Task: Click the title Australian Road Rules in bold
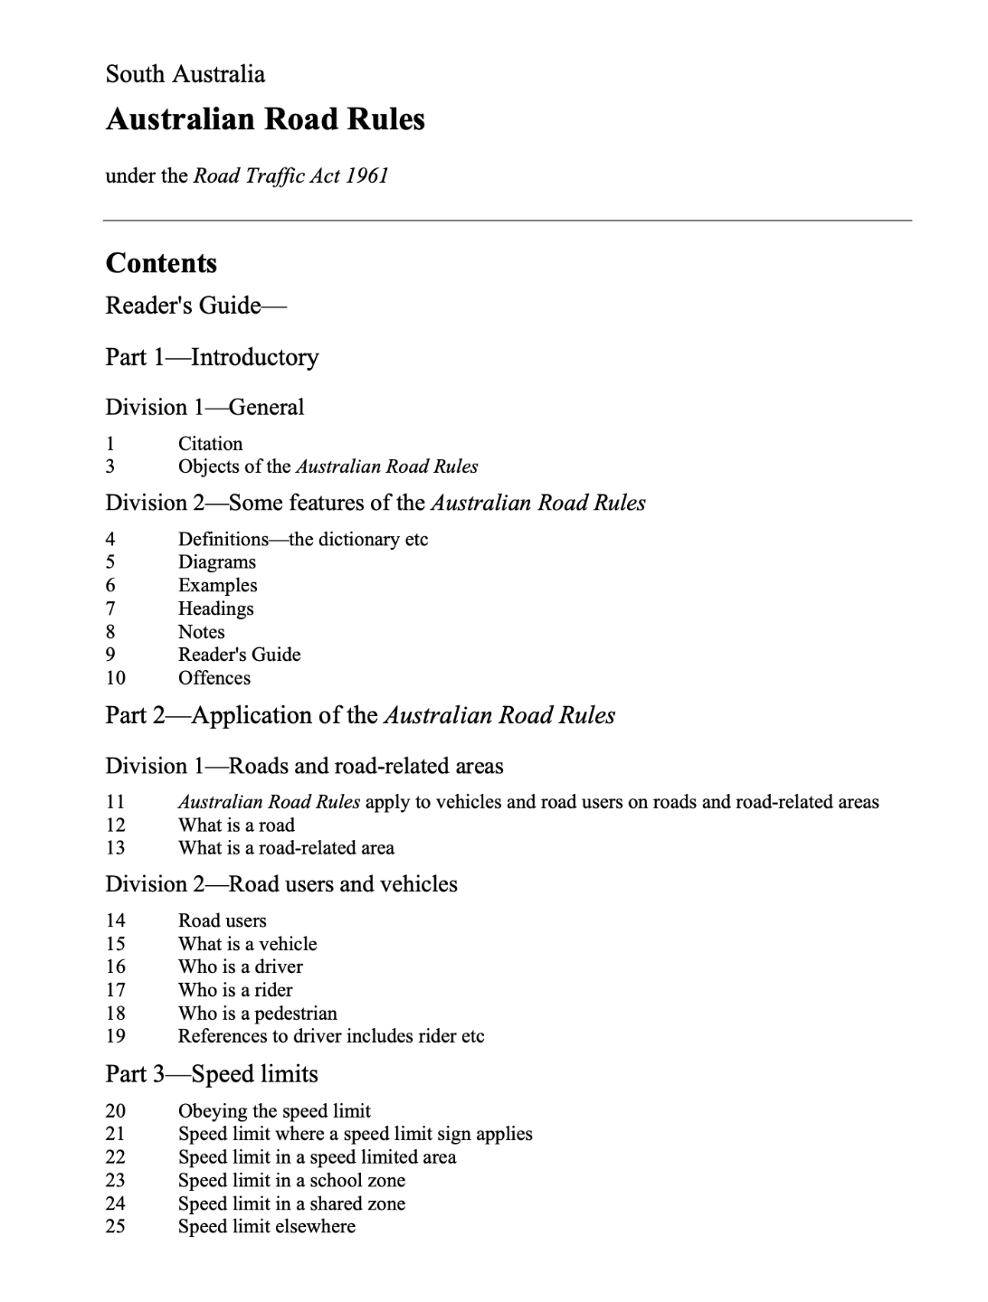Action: [x=265, y=119]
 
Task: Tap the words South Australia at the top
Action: [x=185, y=74]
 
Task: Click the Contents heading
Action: [x=161, y=263]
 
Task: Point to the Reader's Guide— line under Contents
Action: [x=195, y=306]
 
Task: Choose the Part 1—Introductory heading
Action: [x=212, y=357]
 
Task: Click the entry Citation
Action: [x=210, y=444]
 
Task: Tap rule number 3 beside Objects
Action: [x=110, y=467]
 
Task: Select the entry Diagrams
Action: [x=217, y=562]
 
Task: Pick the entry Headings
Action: [x=215, y=609]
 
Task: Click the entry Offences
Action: [x=214, y=678]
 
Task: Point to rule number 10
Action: [x=115, y=678]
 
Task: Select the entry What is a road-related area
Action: [x=286, y=848]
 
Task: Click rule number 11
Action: [x=115, y=802]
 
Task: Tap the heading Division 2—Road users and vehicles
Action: [x=281, y=884]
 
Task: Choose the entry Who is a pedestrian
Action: [x=257, y=1014]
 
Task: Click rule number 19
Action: [x=115, y=1036]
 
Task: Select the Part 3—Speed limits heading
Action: [x=212, y=1074]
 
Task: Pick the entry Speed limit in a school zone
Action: [x=291, y=1180]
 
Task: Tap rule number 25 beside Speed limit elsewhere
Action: [x=115, y=1227]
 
